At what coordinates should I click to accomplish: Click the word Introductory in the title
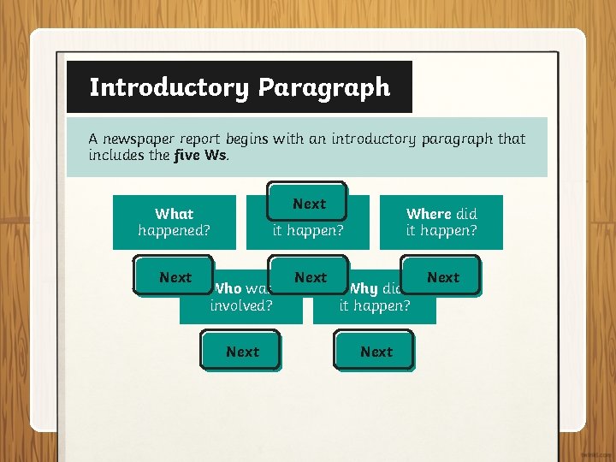point(168,87)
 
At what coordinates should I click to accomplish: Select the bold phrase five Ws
point(199,155)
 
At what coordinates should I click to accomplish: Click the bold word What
point(174,214)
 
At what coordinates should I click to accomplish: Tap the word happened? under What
point(174,230)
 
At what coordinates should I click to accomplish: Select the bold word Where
point(429,214)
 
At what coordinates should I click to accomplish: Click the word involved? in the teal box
point(241,305)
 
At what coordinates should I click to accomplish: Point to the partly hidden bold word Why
point(364,289)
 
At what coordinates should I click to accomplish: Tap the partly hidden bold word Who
point(228,289)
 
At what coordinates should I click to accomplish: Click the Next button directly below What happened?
point(175,277)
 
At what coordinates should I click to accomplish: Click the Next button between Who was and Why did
point(310,277)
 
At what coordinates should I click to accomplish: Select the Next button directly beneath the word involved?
point(242,352)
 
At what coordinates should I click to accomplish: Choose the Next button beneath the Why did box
point(376,352)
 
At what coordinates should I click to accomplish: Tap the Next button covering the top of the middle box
point(308,204)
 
